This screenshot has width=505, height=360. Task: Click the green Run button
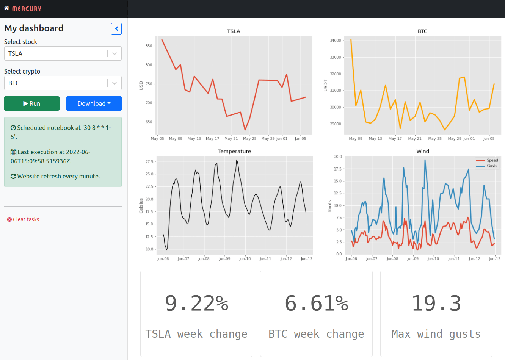[32, 103]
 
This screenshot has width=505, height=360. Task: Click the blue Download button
[94, 103]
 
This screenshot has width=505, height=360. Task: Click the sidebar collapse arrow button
[116, 29]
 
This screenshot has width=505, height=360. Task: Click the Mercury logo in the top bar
[23, 9]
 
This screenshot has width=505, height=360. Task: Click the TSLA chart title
[234, 31]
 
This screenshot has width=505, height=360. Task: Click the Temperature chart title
[234, 151]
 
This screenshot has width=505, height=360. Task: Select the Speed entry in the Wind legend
[492, 160]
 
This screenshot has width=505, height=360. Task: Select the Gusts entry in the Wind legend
[492, 166]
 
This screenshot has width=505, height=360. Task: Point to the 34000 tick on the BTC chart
[336, 41]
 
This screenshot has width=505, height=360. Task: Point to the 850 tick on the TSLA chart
[149, 46]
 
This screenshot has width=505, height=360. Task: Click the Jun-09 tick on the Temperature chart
[224, 259]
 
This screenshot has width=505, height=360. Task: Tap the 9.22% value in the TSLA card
[196, 304]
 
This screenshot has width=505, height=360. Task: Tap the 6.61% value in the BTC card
[316, 304]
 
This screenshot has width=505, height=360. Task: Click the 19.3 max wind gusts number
[436, 304]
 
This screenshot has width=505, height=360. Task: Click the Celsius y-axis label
[141, 206]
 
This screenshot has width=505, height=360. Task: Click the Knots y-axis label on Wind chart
[329, 206]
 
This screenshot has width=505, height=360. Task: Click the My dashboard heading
[34, 28]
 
